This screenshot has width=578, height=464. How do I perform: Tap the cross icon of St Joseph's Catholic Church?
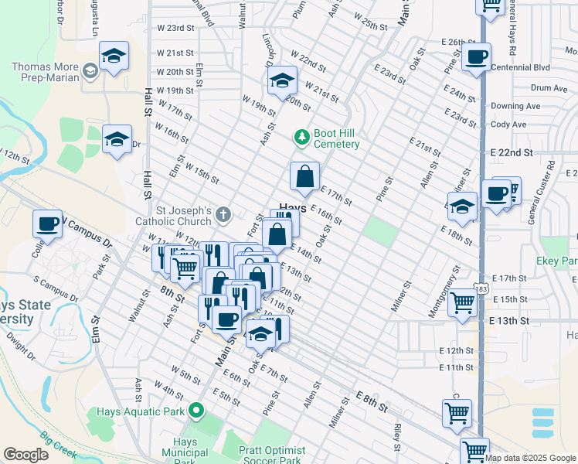tap(223, 214)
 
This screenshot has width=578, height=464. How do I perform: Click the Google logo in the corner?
tap(25, 455)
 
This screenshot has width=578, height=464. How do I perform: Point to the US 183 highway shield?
tap(482, 288)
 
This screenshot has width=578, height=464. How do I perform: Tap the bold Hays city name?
tap(292, 209)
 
